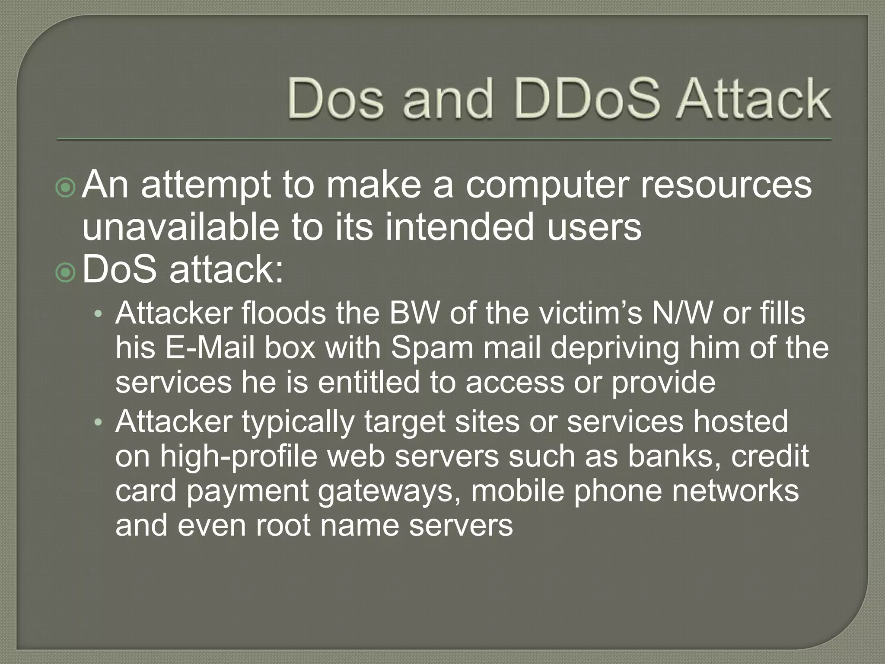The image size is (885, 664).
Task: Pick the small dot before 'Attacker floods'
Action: click(x=99, y=315)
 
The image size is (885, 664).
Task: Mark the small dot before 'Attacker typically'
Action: click(x=99, y=422)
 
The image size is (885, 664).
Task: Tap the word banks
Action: click(x=675, y=456)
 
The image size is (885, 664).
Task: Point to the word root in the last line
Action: click(x=283, y=526)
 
